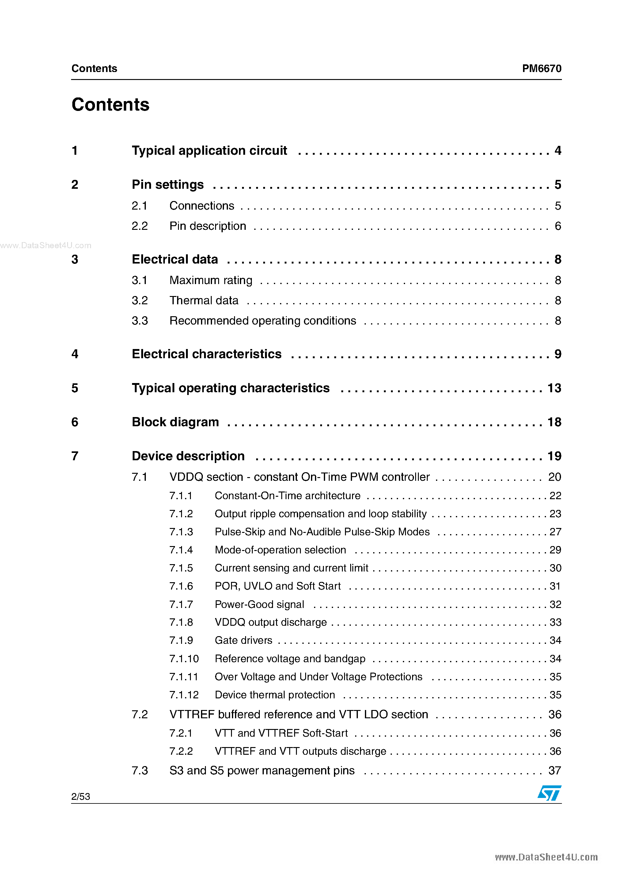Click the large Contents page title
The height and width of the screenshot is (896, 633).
pyautogui.click(x=110, y=104)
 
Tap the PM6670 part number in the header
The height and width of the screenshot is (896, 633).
pyautogui.click(x=541, y=69)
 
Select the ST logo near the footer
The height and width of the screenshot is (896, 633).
pyautogui.click(x=549, y=793)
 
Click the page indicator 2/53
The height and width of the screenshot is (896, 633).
pyautogui.click(x=81, y=796)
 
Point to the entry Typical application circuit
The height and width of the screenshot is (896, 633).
pyautogui.click(x=209, y=151)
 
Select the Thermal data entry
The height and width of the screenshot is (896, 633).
pyautogui.click(x=204, y=301)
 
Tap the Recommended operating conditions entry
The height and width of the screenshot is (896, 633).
pyautogui.click(x=263, y=321)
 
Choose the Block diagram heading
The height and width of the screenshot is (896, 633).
pyautogui.click(x=175, y=422)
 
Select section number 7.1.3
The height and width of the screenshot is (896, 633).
pyautogui.click(x=181, y=532)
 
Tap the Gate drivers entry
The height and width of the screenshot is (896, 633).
pyautogui.click(x=244, y=640)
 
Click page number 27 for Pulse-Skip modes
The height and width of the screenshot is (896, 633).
pyautogui.click(x=555, y=532)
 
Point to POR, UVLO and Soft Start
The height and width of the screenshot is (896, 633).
pyautogui.click(x=278, y=586)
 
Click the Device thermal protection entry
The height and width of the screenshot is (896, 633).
pyautogui.click(x=275, y=695)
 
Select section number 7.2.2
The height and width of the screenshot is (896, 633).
pyautogui.click(x=181, y=751)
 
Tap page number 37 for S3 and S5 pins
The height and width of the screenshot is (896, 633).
pyautogui.click(x=554, y=771)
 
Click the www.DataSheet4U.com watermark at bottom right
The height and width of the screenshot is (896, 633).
pyautogui.click(x=546, y=857)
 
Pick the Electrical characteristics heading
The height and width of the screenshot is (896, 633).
pyautogui.click(x=207, y=354)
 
